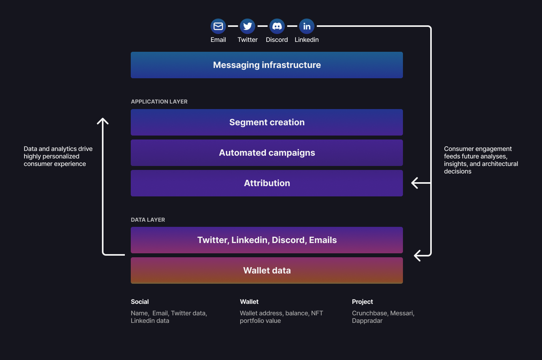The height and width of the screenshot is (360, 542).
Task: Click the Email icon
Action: pos(218,26)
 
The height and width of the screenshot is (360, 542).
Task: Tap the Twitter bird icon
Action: pos(248,26)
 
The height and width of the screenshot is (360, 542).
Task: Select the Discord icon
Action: pos(277,26)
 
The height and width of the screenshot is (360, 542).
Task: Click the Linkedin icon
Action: pos(307,26)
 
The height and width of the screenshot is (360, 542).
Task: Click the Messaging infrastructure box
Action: pos(267,65)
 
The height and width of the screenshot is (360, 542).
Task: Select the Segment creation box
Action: pos(267,122)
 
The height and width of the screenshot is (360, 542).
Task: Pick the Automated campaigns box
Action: pos(267,153)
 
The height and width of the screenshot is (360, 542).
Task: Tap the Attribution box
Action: pos(267,183)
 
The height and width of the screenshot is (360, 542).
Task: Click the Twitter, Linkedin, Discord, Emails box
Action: pos(267,240)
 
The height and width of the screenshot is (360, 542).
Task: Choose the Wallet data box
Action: pos(267,270)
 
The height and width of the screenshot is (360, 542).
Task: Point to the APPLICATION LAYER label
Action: pos(159,102)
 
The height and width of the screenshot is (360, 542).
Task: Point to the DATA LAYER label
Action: pos(148,220)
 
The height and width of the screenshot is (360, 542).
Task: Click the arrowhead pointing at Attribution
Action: pos(415,183)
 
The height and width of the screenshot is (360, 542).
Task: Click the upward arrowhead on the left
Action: pos(103,121)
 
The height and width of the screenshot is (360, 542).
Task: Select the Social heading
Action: pos(140,302)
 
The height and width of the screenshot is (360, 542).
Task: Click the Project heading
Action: pos(362,302)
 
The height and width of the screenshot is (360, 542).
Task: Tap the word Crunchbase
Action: pos(369,313)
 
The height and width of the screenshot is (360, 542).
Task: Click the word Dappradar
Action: pos(367,320)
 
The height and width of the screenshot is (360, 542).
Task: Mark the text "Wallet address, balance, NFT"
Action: pos(281,313)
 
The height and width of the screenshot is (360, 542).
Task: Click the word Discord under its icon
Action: pos(277,40)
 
